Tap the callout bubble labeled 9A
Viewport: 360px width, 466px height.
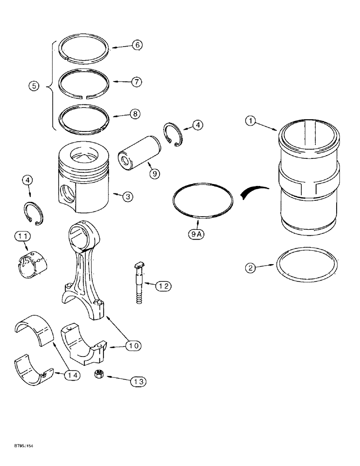[x=196, y=235]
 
